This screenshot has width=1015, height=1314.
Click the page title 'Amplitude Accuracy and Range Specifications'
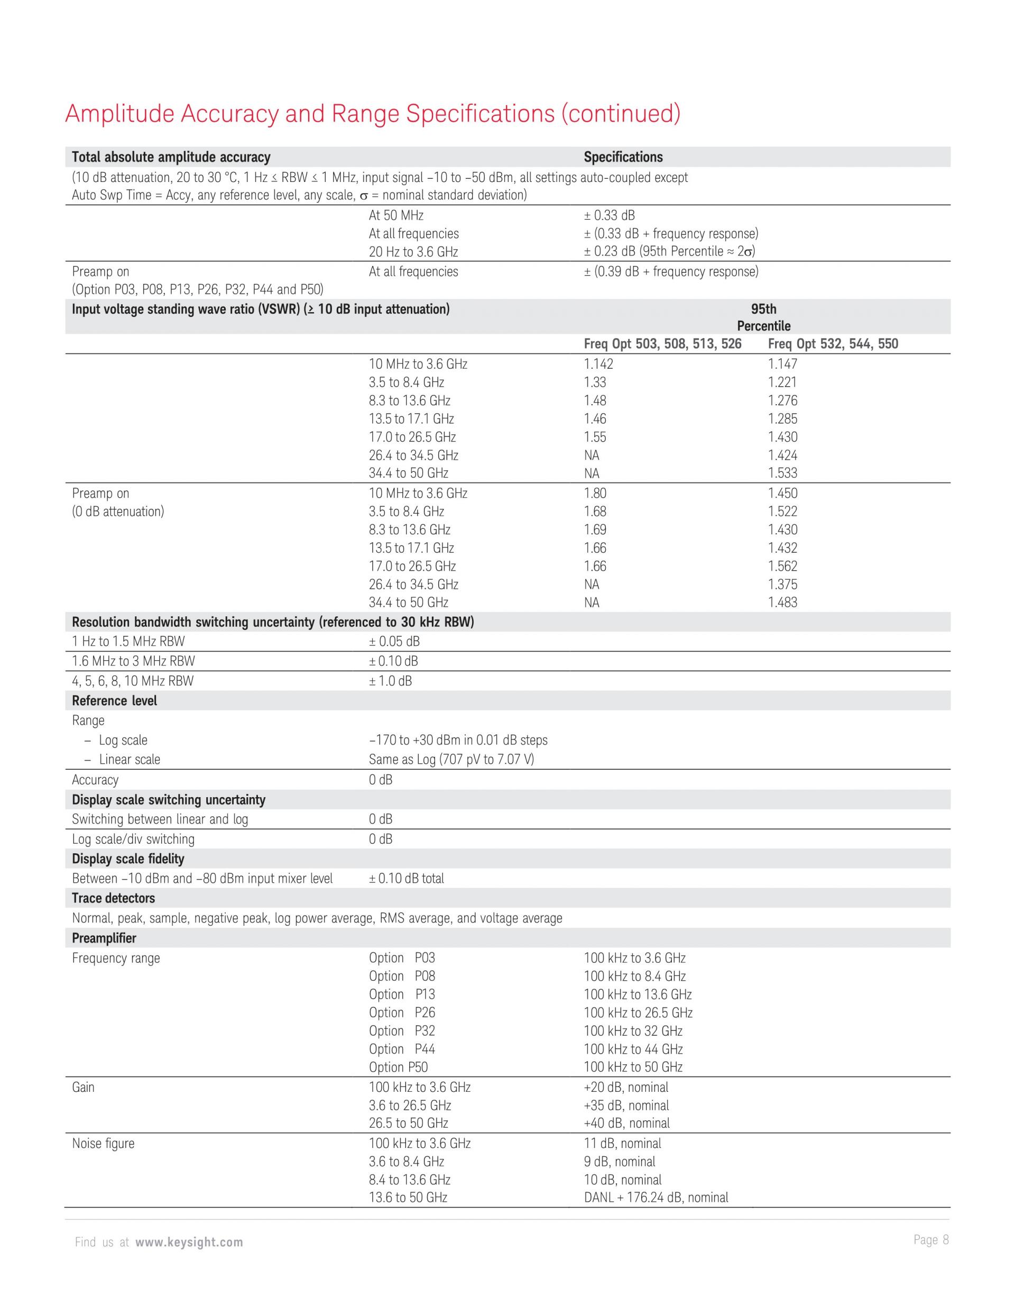click(x=372, y=114)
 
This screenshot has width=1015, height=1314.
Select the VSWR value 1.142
click(x=598, y=364)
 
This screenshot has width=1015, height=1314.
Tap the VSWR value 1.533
click(x=782, y=473)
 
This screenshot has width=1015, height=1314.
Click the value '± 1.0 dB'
click(x=390, y=681)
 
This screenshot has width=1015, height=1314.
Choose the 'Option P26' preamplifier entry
click(x=402, y=1012)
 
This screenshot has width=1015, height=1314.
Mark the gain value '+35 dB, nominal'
click(x=626, y=1105)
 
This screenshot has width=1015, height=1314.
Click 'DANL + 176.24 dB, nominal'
click(x=656, y=1197)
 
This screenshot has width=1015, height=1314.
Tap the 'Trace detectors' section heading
click(x=113, y=898)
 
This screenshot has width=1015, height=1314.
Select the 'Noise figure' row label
click(x=103, y=1143)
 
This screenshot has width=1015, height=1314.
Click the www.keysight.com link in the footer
click(x=189, y=1242)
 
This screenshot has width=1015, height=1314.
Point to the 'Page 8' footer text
click(x=931, y=1239)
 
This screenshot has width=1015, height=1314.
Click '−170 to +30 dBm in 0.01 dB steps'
click(x=458, y=740)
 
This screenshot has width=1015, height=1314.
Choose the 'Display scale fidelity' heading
click(x=128, y=859)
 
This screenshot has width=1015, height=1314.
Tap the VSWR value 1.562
click(x=782, y=566)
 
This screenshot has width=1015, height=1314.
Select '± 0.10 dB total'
click(x=407, y=879)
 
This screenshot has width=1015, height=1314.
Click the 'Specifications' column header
click(x=623, y=157)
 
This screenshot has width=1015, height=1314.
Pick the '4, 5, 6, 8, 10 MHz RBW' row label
click(x=133, y=681)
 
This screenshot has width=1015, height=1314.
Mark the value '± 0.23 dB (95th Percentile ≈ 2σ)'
click(x=669, y=251)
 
